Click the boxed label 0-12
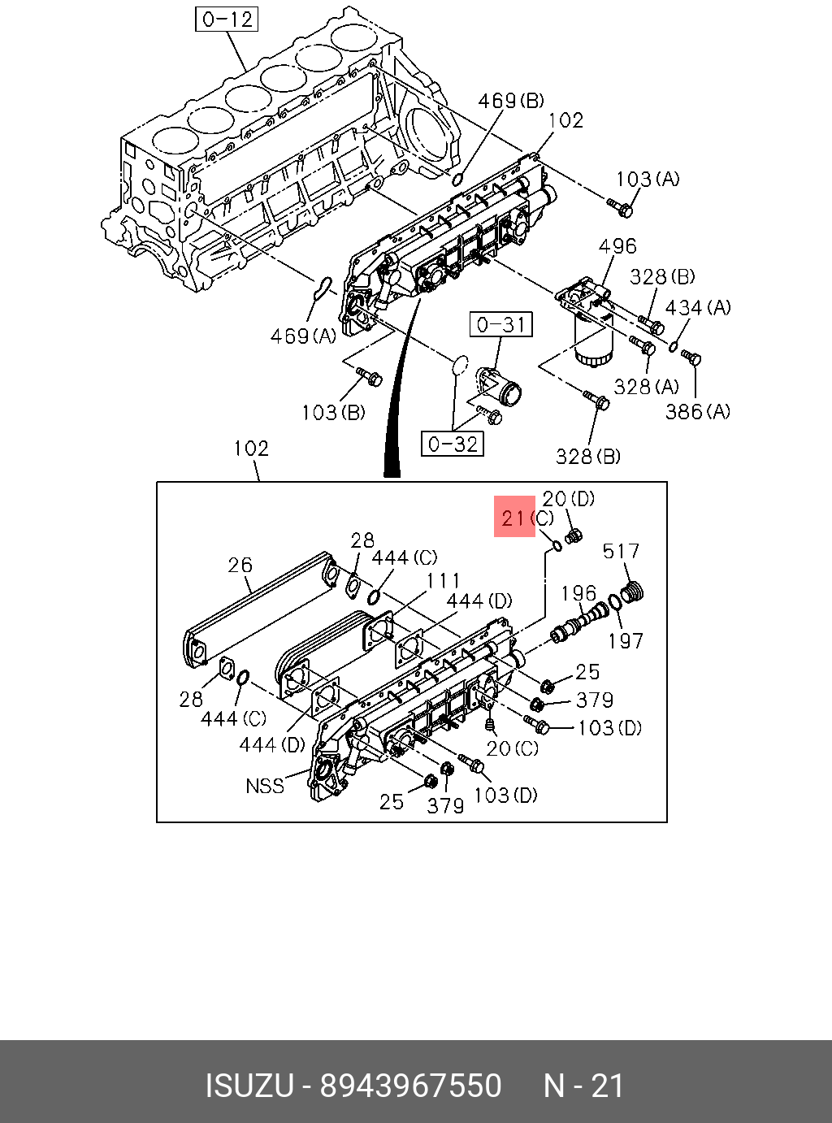[227, 19]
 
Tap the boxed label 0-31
[501, 325]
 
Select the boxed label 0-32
[453, 444]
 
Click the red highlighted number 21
[514, 518]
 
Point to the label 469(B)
[510, 101]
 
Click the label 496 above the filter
[617, 246]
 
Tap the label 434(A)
[697, 308]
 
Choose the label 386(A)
[697, 412]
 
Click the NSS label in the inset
[265, 786]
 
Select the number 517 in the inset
[621, 552]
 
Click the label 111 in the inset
[444, 580]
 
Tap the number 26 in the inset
[240, 565]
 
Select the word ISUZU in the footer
[248, 1086]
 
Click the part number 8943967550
[410, 1086]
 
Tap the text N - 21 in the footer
[583, 1086]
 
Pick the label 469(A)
[302, 336]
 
